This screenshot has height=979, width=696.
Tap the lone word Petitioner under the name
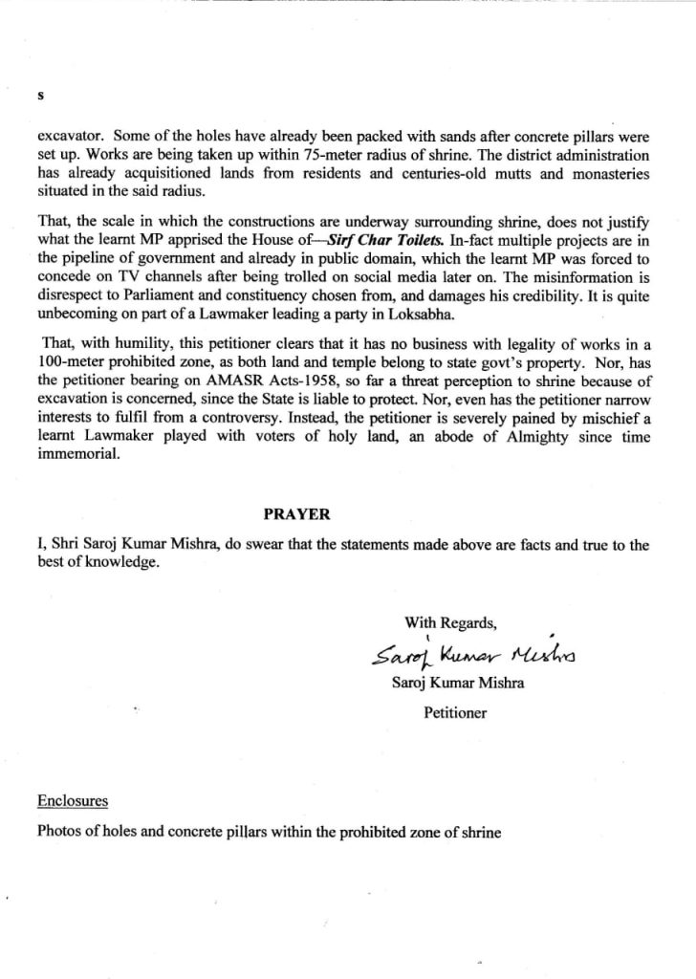[x=455, y=712]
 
